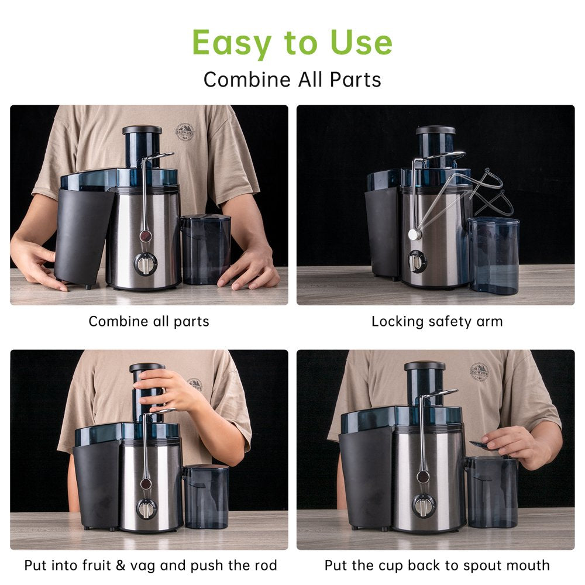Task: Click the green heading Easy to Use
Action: tap(292, 43)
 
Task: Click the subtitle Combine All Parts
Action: tap(292, 80)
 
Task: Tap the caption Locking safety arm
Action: tap(437, 322)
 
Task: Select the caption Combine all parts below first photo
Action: tap(149, 322)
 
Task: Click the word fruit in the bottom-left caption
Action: tap(97, 565)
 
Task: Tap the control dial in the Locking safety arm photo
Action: tap(417, 261)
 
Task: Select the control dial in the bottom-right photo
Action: tap(424, 506)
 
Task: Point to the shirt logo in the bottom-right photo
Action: tap(479, 372)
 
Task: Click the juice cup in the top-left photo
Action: tap(205, 250)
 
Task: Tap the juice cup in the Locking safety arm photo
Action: tap(493, 256)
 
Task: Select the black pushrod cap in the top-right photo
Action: tap(435, 130)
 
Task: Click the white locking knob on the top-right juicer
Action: tap(414, 235)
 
